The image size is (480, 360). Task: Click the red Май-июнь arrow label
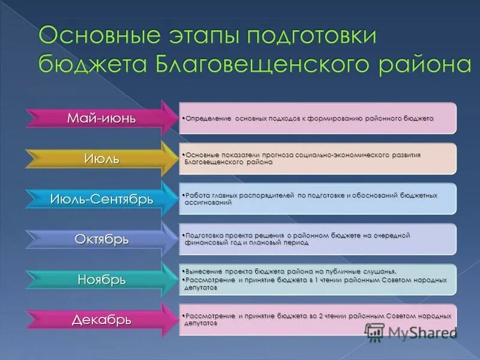pos(101,118)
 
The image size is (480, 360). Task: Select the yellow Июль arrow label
pos(101,158)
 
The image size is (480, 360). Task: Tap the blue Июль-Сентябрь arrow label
pos(101,199)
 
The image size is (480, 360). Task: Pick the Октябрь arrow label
pos(101,239)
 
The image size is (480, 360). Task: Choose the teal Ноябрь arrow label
pos(101,279)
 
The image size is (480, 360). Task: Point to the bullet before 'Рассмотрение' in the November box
pos(182,280)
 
